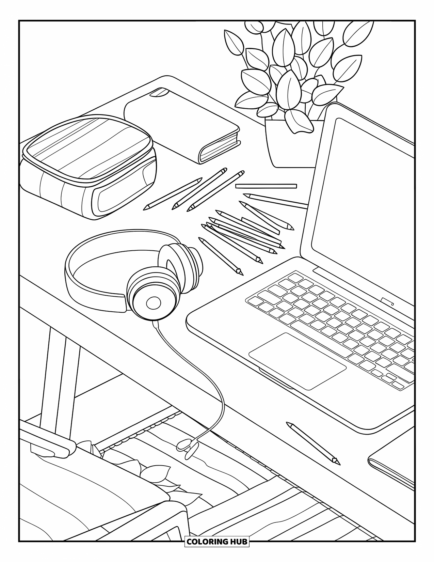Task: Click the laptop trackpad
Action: pyautogui.click(x=298, y=361)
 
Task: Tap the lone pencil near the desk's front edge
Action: pyautogui.click(x=313, y=443)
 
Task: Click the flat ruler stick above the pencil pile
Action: pyautogui.click(x=266, y=186)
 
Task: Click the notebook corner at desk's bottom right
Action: pyautogui.click(x=391, y=467)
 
